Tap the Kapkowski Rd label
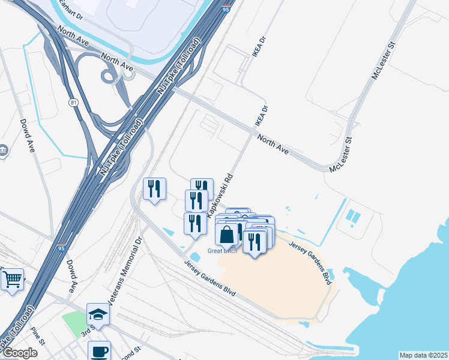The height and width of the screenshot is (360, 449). pos(219,196)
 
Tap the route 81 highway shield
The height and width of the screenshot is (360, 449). pos(73,103)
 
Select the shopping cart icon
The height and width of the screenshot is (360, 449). pos(11,279)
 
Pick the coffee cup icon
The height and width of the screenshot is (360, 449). pos(99,351)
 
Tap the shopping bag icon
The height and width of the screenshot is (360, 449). pos(227,235)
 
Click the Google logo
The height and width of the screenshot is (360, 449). pos(20,353)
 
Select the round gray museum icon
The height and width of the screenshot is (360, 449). pos(3,150)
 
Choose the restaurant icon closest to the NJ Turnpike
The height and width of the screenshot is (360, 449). pos(154,189)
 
